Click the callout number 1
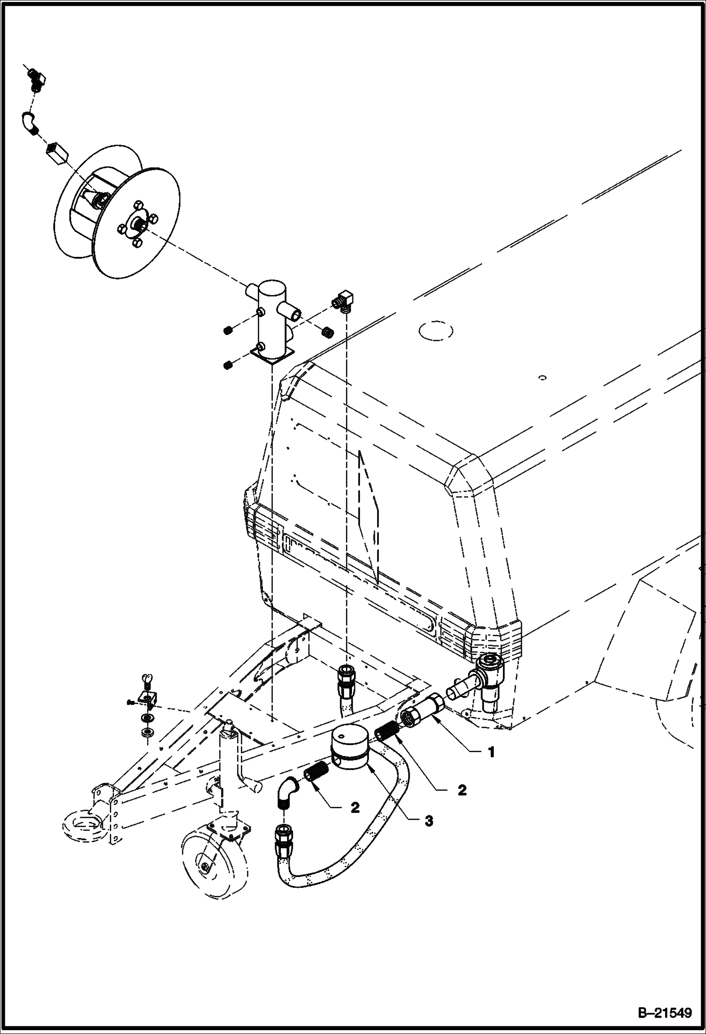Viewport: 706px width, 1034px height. click(x=492, y=753)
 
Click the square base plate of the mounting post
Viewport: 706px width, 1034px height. click(x=272, y=354)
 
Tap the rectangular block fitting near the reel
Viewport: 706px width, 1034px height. click(x=58, y=153)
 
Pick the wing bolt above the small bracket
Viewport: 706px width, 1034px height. click(x=146, y=681)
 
